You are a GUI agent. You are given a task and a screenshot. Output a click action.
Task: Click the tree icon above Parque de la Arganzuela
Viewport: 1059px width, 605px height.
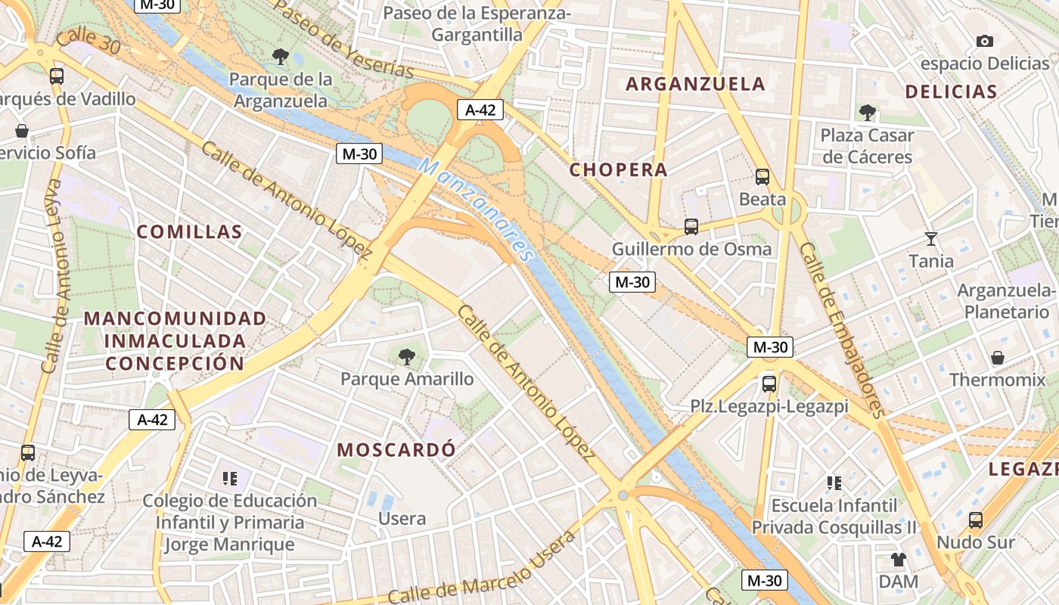click(280, 56)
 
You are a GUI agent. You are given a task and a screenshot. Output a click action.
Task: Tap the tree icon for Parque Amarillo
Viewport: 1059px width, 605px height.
click(407, 356)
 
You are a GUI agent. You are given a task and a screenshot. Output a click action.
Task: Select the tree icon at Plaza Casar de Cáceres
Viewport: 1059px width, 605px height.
click(868, 113)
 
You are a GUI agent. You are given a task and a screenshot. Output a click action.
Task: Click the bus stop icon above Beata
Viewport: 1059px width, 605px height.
click(762, 177)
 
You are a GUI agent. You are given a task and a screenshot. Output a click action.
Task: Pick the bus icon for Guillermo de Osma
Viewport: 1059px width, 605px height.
click(691, 226)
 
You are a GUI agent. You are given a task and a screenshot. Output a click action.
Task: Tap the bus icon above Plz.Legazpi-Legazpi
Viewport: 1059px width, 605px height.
click(769, 383)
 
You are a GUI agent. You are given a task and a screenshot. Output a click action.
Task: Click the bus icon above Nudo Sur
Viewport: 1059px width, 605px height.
click(976, 520)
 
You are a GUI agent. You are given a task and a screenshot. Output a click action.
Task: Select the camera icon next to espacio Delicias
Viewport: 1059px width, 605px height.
click(984, 41)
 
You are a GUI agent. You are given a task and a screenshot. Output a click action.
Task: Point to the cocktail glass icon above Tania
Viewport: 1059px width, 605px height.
click(931, 239)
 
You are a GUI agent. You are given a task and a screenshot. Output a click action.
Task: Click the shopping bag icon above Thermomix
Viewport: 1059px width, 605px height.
click(997, 357)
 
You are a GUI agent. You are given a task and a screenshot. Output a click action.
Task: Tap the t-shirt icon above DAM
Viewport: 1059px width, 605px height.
click(898, 560)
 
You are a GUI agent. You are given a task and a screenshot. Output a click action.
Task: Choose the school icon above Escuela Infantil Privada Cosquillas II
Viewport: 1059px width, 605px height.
click(834, 482)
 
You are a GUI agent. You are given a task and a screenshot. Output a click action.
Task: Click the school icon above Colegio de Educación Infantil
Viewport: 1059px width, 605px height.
click(230, 478)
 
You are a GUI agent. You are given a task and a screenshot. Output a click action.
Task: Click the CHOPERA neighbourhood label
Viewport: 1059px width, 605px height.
click(618, 170)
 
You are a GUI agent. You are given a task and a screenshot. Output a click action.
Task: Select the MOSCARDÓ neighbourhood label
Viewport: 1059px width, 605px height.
click(396, 450)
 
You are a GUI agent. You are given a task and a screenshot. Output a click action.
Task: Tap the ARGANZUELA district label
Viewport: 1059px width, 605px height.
click(696, 84)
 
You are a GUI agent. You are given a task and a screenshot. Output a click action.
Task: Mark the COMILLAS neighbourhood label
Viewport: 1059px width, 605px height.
click(189, 232)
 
